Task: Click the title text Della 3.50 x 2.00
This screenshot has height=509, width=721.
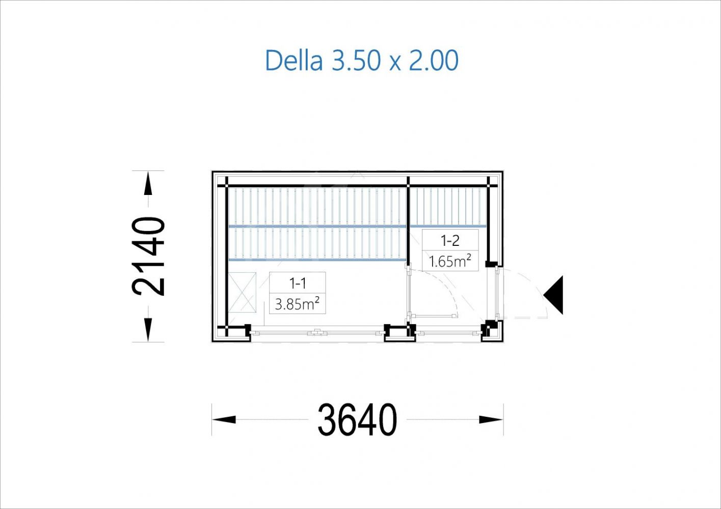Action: [x=362, y=61]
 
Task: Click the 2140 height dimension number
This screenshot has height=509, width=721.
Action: [x=148, y=256]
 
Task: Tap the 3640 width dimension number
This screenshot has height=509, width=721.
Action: [x=357, y=419]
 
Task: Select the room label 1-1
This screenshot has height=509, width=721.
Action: [x=298, y=284]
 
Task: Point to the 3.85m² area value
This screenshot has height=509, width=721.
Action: [x=297, y=303]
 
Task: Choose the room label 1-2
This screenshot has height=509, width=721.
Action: [x=450, y=241]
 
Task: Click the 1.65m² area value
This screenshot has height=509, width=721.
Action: [x=450, y=261]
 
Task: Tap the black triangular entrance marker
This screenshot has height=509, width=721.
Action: [x=553, y=295]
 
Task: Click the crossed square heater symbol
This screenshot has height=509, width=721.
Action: [x=242, y=292]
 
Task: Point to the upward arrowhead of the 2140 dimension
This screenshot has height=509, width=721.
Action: [x=148, y=183]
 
